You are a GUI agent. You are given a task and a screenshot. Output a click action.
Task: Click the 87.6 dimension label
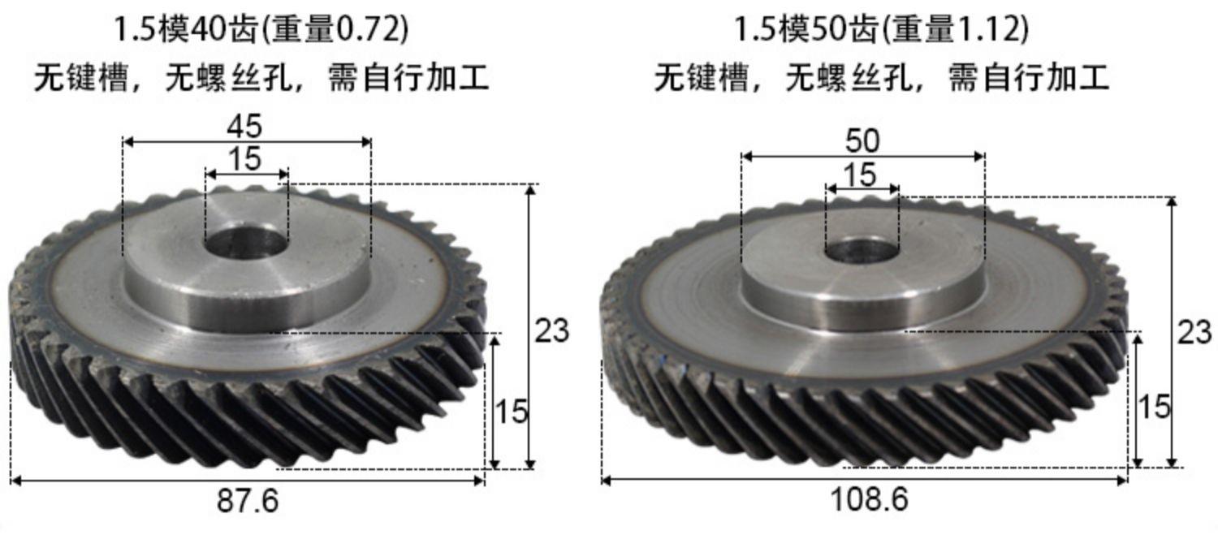(x=248, y=501)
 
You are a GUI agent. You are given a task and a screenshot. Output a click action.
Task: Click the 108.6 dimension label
(x=870, y=499)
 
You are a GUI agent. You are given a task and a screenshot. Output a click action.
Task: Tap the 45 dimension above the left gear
(x=244, y=126)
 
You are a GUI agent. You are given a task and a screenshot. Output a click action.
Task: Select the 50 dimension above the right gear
(x=862, y=140)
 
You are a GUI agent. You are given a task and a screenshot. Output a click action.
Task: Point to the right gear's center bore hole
(x=862, y=251)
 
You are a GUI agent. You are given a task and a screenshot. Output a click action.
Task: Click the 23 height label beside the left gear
(x=552, y=331)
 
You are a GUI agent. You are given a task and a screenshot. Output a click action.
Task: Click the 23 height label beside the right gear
(x=1194, y=332)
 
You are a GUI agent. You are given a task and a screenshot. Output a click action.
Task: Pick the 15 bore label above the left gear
(x=244, y=159)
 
